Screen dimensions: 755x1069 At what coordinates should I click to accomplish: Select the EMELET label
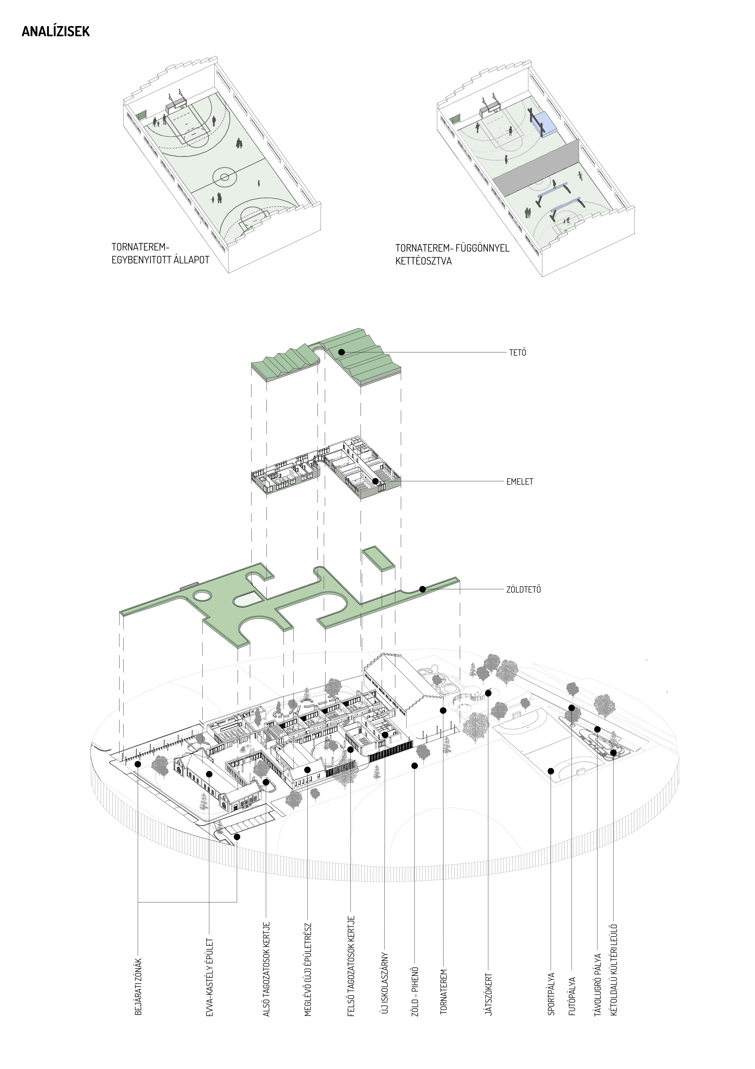520,481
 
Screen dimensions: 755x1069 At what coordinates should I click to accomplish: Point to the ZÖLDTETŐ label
523,589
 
